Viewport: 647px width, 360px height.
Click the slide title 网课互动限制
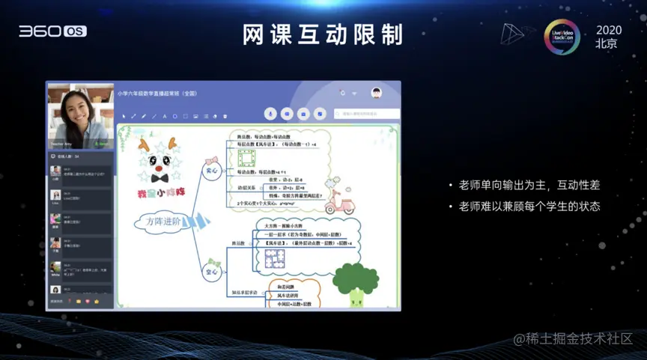pos(323,34)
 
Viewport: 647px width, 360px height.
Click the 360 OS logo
pos(52,31)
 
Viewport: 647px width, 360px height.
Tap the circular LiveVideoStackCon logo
pos(562,37)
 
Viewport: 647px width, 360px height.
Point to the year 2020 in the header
pos(608,29)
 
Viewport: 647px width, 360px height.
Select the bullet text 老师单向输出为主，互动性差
pos(529,185)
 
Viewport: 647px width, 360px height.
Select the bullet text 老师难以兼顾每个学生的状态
pos(529,206)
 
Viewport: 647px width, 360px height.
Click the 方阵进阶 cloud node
pos(164,222)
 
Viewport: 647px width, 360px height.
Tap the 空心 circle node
pos(212,272)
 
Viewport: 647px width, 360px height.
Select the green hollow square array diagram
pos(246,159)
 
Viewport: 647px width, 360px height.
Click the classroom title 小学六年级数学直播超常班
pos(157,94)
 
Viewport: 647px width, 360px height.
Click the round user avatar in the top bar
pos(377,93)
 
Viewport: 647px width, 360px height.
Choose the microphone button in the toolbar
pos(270,114)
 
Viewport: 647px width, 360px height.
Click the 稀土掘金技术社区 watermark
pos(573,338)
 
